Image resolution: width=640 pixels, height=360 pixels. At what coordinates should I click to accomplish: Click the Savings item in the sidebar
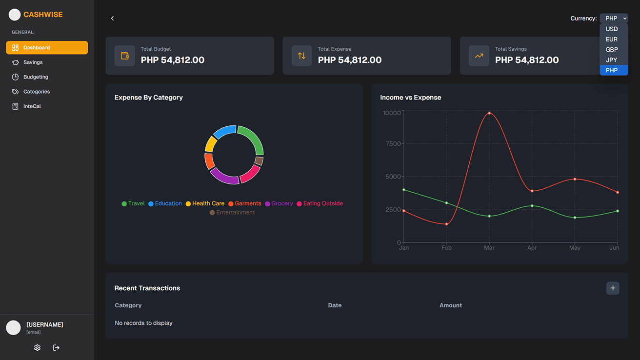tap(33, 62)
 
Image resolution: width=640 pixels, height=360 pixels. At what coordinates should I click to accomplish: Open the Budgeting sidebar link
tap(36, 77)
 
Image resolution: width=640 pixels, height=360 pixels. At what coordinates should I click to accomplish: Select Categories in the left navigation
tap(37, 92)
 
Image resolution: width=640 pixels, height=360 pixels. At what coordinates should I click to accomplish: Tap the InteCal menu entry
tap(32, 106)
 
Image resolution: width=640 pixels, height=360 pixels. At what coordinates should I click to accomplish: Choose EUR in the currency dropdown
tap(612, 40)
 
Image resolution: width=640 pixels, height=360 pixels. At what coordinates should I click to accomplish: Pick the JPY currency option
tap(612, 60)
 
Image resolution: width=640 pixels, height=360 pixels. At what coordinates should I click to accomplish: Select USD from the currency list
tap(612, 29)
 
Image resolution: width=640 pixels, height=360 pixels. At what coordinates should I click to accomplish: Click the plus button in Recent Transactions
tap(613, 288)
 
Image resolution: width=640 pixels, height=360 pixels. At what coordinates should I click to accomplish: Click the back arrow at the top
tap(112, 19)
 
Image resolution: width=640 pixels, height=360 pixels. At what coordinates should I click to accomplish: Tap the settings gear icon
tap(38, 348)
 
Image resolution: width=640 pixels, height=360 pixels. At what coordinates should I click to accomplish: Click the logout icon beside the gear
tap(56, 348)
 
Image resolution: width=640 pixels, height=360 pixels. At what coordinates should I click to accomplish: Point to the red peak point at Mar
tap(489, 113)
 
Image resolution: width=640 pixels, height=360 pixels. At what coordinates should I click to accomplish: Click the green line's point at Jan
tap(404, 190)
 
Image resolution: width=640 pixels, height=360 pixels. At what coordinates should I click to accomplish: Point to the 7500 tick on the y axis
tap(393, 144)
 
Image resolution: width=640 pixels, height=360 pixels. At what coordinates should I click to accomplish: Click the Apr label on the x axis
tap(532, 248)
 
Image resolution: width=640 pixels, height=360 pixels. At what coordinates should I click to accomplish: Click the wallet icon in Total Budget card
tap(125, 56)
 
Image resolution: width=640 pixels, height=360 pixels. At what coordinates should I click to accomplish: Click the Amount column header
tap(450, 305)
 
